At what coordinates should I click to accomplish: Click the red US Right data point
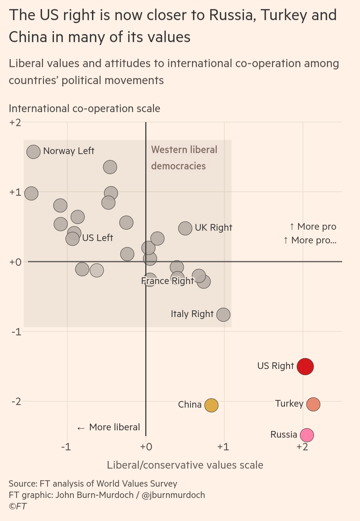(305, 366)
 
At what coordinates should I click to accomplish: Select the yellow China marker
(211, 405)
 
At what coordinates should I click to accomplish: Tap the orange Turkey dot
(313, 404)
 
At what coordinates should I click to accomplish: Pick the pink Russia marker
(307, 435)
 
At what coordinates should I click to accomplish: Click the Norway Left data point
(33, 152)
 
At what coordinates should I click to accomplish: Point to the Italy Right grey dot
(223, 314)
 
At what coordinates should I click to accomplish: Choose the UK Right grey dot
(185, 228)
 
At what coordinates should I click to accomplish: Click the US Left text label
(97, 238)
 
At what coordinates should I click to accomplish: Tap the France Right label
(167, 281)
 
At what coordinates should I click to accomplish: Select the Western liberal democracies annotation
(184, 158)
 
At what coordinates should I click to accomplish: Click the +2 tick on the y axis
(15, 122)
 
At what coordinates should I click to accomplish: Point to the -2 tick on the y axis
(16, 401)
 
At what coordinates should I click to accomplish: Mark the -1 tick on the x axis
(66, 447)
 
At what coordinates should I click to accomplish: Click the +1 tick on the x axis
(223, 447)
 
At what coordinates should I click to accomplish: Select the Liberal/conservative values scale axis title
(185, 465)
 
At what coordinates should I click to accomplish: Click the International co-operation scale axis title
(84, 108)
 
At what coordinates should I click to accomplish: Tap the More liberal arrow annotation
(109, 427)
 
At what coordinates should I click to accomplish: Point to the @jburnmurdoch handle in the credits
(173, 495)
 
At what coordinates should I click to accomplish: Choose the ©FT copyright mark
(18, 506)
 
